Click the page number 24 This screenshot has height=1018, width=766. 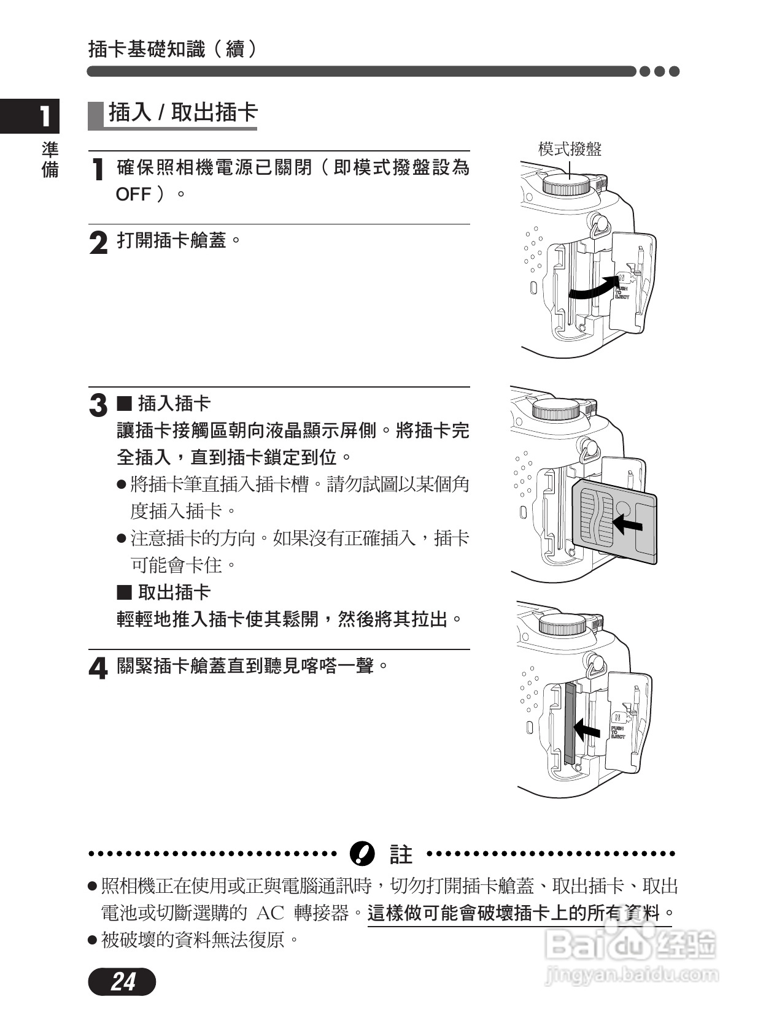[123, 982]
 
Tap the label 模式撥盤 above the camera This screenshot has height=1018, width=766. [570, 148]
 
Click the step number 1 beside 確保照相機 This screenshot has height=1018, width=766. [97, 170]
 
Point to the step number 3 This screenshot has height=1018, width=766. [98, 406]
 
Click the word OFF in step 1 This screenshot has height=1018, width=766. [133, 194]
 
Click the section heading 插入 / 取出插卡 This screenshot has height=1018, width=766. [183, 113]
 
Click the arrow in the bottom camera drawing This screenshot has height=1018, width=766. [587, 729]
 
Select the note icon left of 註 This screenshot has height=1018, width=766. [362, 854]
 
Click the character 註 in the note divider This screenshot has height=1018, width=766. [401, 854]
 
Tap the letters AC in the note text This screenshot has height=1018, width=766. [270, 913]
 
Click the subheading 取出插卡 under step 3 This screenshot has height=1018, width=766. [174, 592]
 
